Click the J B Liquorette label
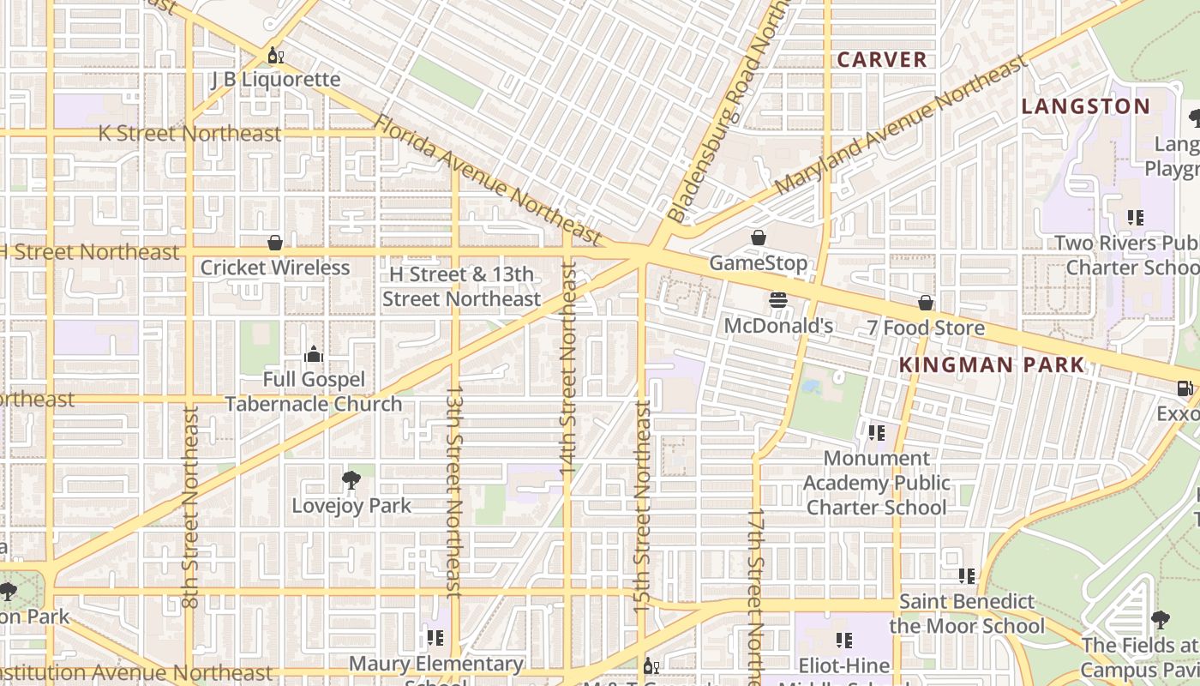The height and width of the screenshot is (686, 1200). [x=275, y=80]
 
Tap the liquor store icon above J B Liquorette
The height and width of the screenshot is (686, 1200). [x=275, y=57]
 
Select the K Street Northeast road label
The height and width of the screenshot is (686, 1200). [x=189, y=134]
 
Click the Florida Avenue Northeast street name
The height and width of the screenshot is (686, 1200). [x=489, y=179]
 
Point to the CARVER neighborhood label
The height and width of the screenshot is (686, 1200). [x=882, y=60]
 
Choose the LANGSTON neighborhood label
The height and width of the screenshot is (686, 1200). [x=1085, y=106]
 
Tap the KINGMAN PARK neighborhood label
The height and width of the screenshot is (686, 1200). [x=992, y=364]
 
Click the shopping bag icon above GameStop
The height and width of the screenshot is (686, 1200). [x=759, y=238]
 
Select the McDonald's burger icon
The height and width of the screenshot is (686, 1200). [x=778, y=300]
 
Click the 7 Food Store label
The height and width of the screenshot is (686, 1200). [x=925, y=328]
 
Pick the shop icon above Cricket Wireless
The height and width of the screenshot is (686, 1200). [x=275, y=243]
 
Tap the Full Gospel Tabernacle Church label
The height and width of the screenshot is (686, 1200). [x=314, y=392]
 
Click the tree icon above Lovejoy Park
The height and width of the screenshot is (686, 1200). [x=351, y=479]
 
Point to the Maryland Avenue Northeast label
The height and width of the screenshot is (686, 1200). [x=900, y=125]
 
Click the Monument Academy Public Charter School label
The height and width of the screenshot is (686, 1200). [x=876, y=483]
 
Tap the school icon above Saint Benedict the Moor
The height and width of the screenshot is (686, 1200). [x=967, y=576]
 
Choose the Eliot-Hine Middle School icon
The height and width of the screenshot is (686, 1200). [x=844, y=640]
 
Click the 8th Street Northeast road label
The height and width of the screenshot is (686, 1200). [x=190, y=506]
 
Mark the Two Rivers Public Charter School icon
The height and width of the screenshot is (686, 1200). [x=1136, y=218]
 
